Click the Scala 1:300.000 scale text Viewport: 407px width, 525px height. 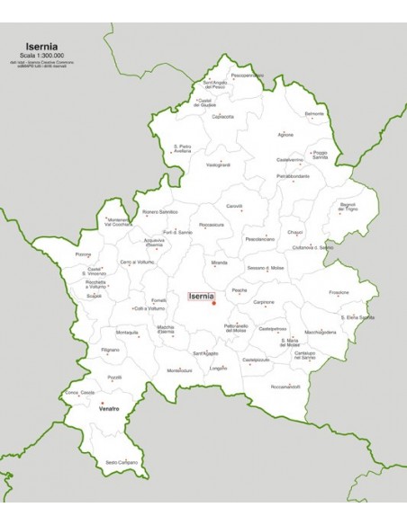point(44,54)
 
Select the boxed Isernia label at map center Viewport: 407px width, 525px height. point(201,295)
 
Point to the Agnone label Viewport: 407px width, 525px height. point(285,135)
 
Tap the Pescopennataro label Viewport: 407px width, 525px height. point(247,76)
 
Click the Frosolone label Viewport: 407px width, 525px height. point(339,292)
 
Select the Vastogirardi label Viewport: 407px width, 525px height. point(218,165)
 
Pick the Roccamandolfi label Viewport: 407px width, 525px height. point(285,387)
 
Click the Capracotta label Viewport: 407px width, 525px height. point(222,117)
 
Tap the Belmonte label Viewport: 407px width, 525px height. point(314,113)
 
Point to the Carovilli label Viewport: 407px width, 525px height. point(234,206)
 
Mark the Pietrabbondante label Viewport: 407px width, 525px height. point(293,176)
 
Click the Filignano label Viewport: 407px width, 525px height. point(110,349)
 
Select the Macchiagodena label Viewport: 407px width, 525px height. point(321,332)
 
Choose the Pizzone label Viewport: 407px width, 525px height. point(84,254)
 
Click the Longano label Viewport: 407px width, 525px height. point(218,368)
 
